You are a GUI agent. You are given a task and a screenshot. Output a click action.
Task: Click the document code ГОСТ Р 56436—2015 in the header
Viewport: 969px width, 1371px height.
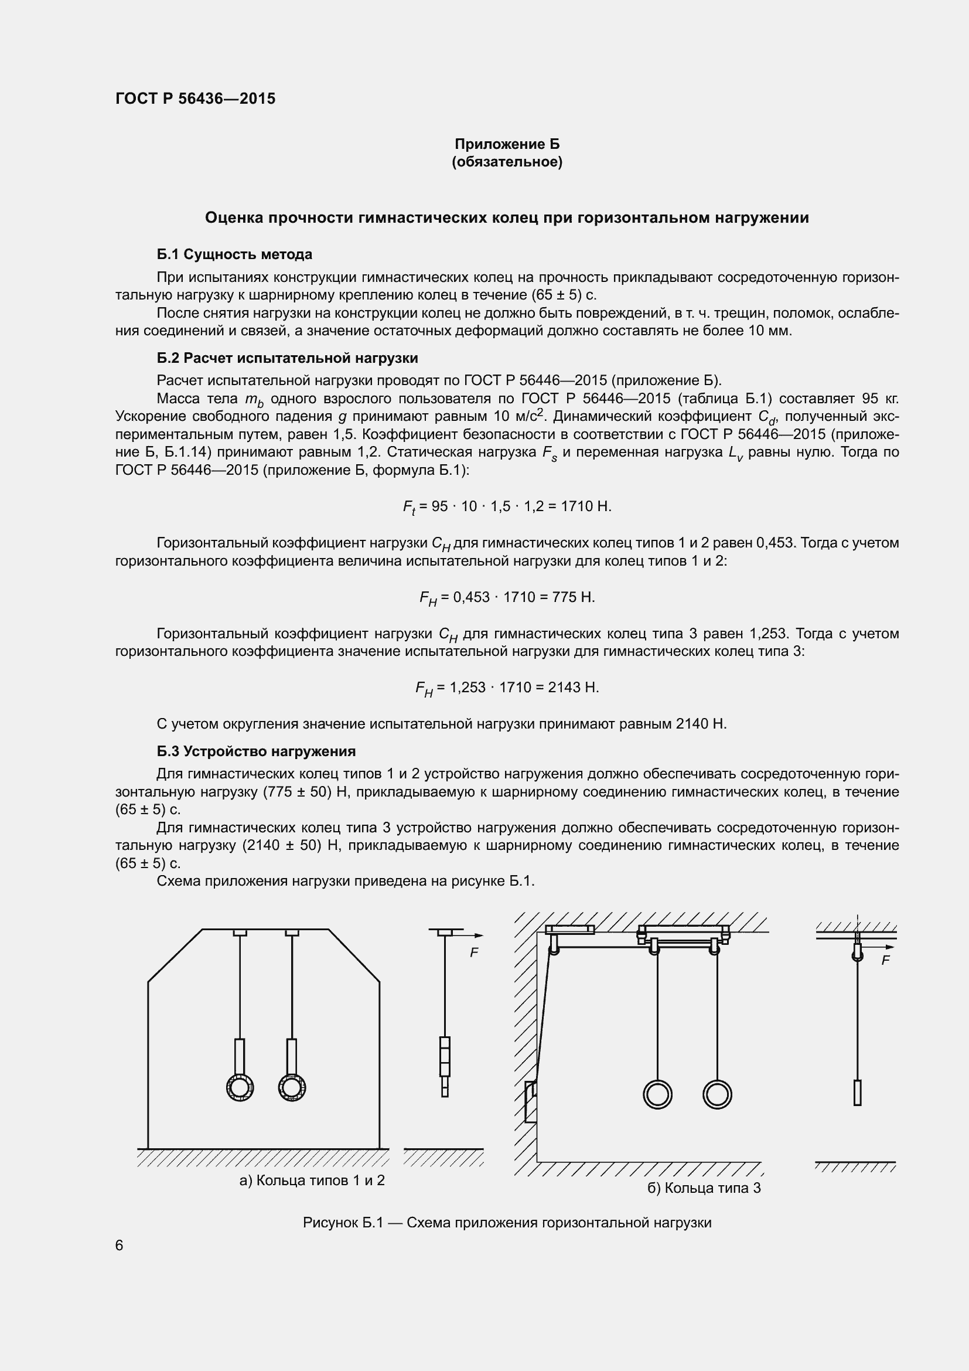(x=195, y=98)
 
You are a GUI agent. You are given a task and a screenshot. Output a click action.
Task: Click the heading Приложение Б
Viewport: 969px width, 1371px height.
(x=507, y=144)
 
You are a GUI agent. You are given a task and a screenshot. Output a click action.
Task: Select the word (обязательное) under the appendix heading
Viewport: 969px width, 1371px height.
(x=507, y=162)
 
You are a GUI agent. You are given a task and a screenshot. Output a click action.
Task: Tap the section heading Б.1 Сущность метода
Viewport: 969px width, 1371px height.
(x=234, y=254)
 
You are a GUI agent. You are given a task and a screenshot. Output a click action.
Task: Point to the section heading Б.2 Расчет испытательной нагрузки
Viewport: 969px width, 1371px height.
(x=287, y=358)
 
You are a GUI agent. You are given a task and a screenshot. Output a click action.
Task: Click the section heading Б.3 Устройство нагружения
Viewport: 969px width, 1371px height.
(x=256, y=751)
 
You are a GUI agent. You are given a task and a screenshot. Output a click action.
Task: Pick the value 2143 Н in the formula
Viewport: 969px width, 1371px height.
(x=574, y=688)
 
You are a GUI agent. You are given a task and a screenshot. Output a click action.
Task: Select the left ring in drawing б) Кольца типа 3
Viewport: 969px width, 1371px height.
(x=657, y=1094)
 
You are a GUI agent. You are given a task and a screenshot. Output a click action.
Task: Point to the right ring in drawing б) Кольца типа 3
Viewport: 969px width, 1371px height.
(x=716, y=1094)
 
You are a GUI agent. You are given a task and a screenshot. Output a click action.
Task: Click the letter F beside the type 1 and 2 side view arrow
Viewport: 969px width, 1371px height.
(x=474, y=953)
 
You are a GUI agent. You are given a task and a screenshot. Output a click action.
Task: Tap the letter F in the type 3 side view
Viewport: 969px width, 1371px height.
(x=885, y=961)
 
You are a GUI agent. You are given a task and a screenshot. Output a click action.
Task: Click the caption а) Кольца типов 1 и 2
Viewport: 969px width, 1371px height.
(x=312, y=1181)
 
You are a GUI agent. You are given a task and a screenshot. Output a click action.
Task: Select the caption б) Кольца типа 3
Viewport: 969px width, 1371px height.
(x=704, y=1188)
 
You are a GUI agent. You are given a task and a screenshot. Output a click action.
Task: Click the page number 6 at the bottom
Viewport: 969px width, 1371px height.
(x=120, y=1245)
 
